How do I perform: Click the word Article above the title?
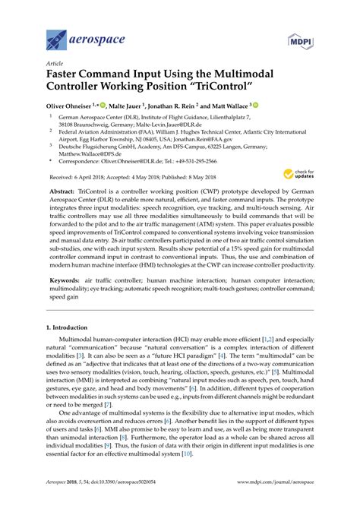pos(54,65)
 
